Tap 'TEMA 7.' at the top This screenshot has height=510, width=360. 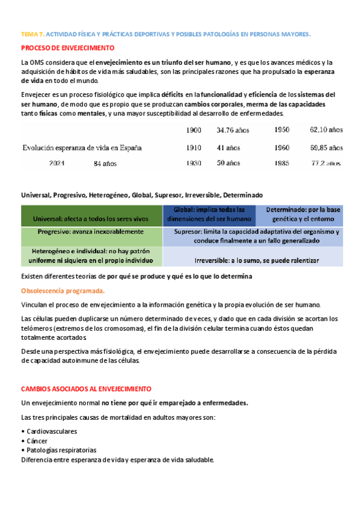32,34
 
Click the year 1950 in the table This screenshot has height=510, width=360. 282,129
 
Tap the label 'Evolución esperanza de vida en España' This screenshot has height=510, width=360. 82,147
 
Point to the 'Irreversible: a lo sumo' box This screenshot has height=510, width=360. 256,260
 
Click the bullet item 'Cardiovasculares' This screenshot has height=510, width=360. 51,431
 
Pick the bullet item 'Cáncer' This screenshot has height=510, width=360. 38,441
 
